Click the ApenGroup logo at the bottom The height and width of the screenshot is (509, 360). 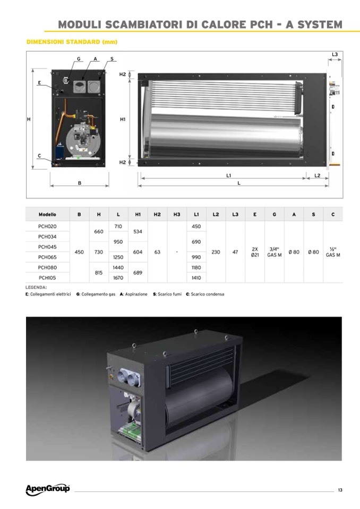coord(48,489)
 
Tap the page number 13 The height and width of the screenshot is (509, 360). coord(340,490)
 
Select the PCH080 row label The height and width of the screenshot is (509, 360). coord(47,268)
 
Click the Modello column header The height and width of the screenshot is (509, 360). coord(47,214)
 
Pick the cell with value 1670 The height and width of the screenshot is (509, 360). coord(118,278)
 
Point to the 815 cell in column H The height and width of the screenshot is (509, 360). coord(99,273)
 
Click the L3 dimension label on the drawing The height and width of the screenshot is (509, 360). coord(335,54)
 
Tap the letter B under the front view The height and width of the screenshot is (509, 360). coord(80,183)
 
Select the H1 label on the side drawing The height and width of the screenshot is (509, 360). coord(123,119)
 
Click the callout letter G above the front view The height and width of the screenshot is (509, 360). coord(79,59)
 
